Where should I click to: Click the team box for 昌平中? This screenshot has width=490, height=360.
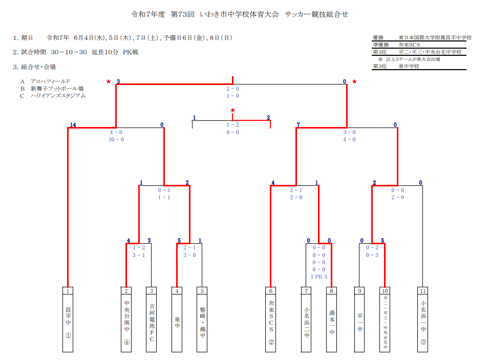coord(68,320)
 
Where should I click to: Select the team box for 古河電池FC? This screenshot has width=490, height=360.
coord(152,320)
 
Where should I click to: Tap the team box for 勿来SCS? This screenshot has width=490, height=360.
coord(271,320)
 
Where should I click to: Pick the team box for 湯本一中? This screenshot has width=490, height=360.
coord(332,320)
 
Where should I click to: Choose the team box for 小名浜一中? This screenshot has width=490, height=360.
coord(423,320)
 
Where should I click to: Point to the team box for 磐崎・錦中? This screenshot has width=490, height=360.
coord(202,320)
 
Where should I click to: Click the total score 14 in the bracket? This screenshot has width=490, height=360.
coord(73,124)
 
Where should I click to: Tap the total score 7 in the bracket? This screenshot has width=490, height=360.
coord(299,124)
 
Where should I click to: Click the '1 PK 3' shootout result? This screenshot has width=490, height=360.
coord(319,277)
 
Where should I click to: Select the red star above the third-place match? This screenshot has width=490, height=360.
coord(232,110)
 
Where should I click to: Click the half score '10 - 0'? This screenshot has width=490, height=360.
coord(116,139)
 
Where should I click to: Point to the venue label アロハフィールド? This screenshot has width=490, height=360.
coord(50,81)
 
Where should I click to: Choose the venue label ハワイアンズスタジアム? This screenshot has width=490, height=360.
coord(58,96)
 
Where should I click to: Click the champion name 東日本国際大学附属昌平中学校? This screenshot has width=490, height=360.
coord(435,37)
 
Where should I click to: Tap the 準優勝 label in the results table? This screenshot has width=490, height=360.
coord(380,45)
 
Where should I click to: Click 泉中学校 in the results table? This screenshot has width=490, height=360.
coord(409,66)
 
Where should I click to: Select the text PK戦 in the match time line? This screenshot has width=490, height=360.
coord(131,52)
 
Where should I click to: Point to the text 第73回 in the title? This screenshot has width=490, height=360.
coord(182,14)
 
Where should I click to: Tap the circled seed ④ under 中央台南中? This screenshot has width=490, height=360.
coord(126,342)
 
